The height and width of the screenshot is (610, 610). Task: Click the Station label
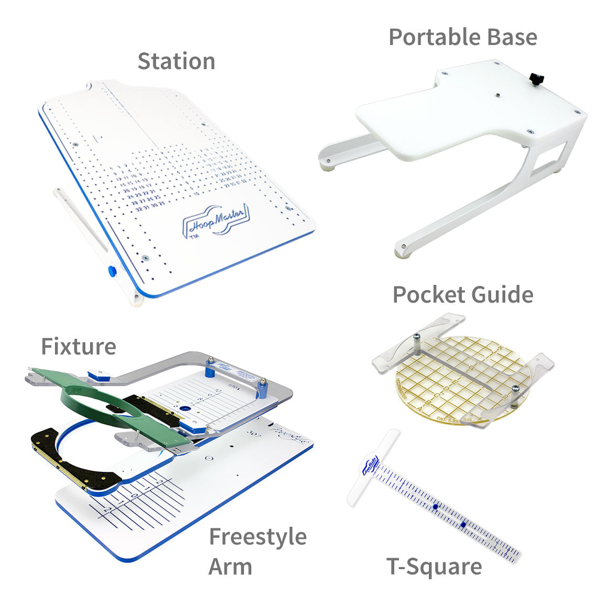tap(176, 61)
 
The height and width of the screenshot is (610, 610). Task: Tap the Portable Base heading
tap(463, 37)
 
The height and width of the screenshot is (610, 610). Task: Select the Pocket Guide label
tap(463, 295)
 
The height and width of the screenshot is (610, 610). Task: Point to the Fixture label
tap(79, 347)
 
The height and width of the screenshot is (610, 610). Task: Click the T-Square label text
tap(434, 567)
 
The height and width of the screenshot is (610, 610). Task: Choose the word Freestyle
tap(258, 537)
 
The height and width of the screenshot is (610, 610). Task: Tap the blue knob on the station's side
tap(112, 271)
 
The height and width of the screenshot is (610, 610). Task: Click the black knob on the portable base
tap(537, 79)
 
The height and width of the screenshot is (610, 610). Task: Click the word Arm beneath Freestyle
tap(230, 567)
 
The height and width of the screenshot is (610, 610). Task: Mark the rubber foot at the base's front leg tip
tap(402, 253)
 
